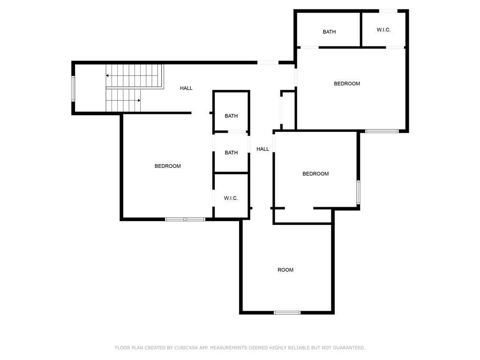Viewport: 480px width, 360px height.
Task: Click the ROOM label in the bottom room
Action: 285,270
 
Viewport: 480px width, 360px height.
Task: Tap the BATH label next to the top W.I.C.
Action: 329,32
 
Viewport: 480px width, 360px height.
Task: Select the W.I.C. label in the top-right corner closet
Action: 383,30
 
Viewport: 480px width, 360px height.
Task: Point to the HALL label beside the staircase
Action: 186,88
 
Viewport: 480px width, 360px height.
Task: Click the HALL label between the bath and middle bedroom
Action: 262,149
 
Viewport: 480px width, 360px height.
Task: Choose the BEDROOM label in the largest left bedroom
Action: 168,166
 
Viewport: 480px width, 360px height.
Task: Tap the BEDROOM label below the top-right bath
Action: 347,84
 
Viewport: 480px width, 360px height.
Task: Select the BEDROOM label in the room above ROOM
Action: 315,174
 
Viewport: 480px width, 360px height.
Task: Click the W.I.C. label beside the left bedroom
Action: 231,198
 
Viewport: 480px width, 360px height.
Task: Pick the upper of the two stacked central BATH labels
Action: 231,116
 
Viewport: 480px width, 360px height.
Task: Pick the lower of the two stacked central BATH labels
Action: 231,153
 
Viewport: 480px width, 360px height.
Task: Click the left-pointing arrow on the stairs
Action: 108,75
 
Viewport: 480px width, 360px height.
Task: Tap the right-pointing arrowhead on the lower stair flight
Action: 139,100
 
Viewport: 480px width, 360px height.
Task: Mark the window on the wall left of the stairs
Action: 73,89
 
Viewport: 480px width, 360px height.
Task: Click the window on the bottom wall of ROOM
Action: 287,313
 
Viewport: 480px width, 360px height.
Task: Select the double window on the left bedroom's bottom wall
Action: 185,219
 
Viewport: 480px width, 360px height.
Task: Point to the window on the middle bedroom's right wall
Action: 358,192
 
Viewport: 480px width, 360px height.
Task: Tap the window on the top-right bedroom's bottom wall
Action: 382,131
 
